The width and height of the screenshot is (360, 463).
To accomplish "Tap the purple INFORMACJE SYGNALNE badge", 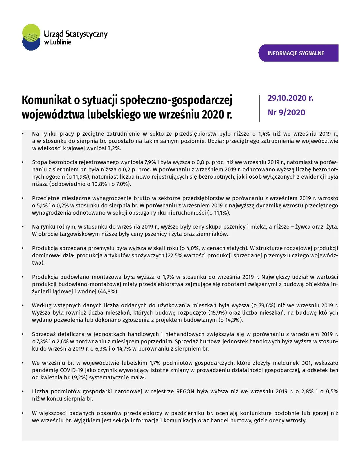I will (x=298, y=53).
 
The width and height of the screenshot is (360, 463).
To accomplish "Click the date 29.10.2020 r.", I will (x=290, y=98).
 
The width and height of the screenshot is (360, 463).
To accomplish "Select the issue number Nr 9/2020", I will (x=286, y=113).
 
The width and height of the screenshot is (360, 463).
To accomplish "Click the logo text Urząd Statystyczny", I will (x=76, y=34).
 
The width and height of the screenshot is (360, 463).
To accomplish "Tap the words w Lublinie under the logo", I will (x=57, y=42).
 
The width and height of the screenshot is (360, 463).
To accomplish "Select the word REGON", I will (x=185, y=392).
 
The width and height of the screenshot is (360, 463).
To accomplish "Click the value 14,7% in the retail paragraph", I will (x=125, y=349).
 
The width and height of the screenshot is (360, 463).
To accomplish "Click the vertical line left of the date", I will (x=259, y=108).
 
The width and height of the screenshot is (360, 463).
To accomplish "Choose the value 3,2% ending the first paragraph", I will (x=114, y=148).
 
